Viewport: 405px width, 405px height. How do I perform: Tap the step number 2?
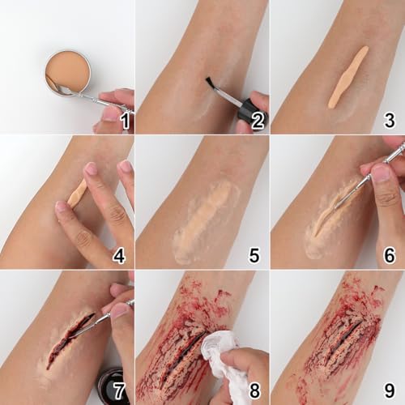pos(258,122)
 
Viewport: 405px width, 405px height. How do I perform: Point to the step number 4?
pos(119,257)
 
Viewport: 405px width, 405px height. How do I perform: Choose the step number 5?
pos(254,257)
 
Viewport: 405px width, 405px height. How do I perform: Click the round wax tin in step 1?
pos(67,72)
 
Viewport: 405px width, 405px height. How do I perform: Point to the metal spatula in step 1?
pos(89,96)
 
